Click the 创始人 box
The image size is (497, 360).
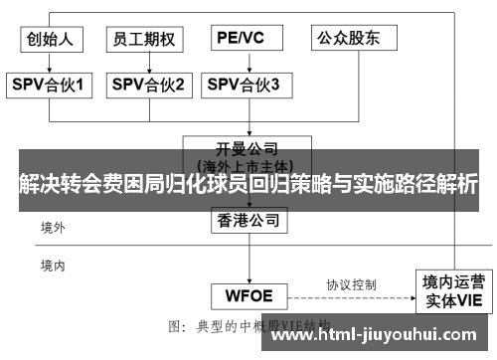click(51, 39)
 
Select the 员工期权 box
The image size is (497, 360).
click(145, 39)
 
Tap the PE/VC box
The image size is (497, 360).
click(243, 39)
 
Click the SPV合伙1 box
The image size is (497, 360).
click(51, 86)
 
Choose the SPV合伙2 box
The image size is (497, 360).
click(147, 86)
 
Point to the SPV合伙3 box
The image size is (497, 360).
click(244, 86)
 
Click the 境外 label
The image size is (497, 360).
click(53, 228)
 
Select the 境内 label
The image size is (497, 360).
click(53, 265)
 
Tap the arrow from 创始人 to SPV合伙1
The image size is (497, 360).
click(50, 63)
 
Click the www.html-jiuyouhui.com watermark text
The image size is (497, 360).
click(377, 334)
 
